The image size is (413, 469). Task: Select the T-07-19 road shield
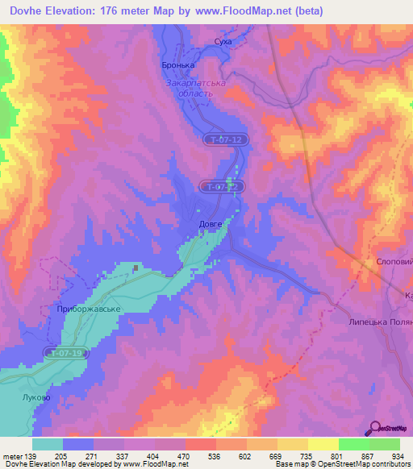[x=66, y=353]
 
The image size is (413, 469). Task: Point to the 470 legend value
[x=183, y=455]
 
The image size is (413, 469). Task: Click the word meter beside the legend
[x=13, y=455]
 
